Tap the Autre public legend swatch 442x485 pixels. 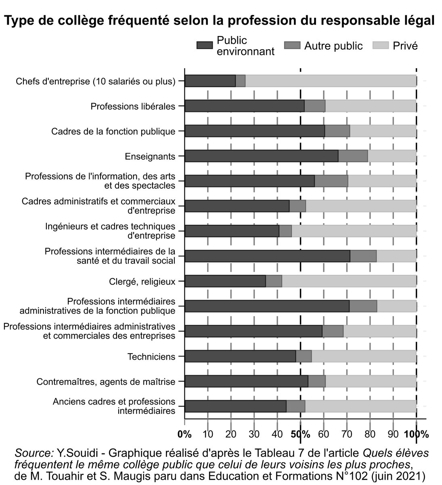pyautogui.click(x=292, y=46)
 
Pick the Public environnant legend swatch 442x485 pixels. pyautogui.click(x=204, y=46)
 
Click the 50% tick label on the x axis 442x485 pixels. pyautogui.click(x=301, y=435)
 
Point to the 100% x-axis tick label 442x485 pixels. pyautogui.click(x=416, y=435)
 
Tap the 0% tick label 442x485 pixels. pyautogui.click(x=184, y=435)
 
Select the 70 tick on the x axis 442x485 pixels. pyautogui.click(x=347, y=435)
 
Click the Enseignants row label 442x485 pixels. pyautogui.click(x=150, y=156)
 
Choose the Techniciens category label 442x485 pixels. pyautogui.click(x=151, y=357)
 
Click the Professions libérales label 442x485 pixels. pyautogui.click(x=133, y=107)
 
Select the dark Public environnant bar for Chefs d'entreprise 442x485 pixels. pyautogui.click(x=210, y=81)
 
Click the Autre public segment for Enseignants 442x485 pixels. pyautogui.click(x=353, y=156)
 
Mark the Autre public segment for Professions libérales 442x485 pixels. pyautogui.click(x=315, y=106)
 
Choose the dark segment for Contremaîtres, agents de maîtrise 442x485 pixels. pyautogui.click(x=246, y=382)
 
